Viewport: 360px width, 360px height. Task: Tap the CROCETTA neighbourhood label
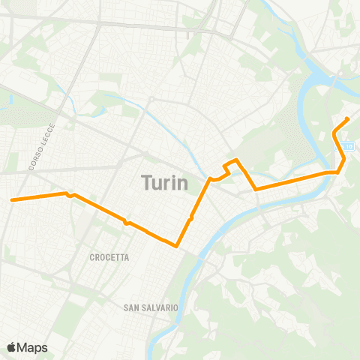[109, 257]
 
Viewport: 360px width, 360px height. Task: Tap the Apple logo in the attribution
[12, 347]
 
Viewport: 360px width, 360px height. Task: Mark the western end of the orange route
[11, 199]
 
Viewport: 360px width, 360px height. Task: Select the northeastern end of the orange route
[348, 119]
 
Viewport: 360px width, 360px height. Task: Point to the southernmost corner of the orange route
[175, 245]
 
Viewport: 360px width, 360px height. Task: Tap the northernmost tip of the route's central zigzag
[236, 160]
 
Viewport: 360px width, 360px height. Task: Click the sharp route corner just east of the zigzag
[256, 189]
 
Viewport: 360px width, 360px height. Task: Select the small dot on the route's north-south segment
[192, 217]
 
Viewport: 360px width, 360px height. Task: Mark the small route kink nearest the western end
[69, 195]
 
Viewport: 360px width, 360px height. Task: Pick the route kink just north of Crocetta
[127, 223]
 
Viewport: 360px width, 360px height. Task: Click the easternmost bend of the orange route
[344, 158]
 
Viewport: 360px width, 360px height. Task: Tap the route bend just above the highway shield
[334, 133]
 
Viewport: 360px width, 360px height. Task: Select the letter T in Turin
[145, 181]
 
